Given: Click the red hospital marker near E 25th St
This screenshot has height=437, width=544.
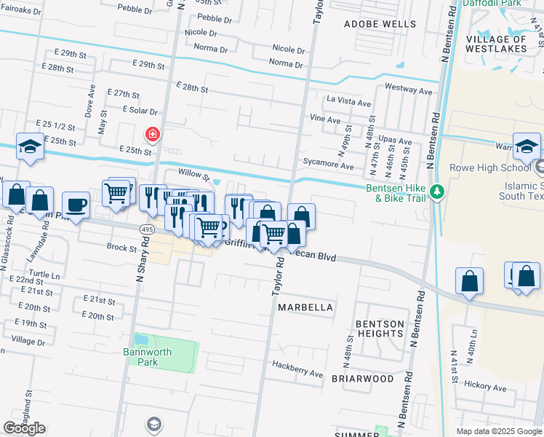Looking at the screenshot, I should point(153,134).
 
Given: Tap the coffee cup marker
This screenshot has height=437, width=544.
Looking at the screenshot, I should point(76,204).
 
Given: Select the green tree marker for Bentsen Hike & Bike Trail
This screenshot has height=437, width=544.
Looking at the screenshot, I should point(436,192).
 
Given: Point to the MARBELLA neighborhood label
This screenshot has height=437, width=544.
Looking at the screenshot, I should point(305,307).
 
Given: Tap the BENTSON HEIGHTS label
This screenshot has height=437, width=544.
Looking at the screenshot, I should point(379,328).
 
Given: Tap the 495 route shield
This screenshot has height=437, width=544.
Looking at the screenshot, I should point(146,229).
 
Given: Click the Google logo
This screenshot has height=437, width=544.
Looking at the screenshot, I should point(25,428).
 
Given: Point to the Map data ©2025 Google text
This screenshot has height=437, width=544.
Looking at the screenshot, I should point(497,431).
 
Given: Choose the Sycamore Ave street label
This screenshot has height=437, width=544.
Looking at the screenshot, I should point(328,166).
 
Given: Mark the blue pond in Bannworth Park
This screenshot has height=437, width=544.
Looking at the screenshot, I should point(141,340).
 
